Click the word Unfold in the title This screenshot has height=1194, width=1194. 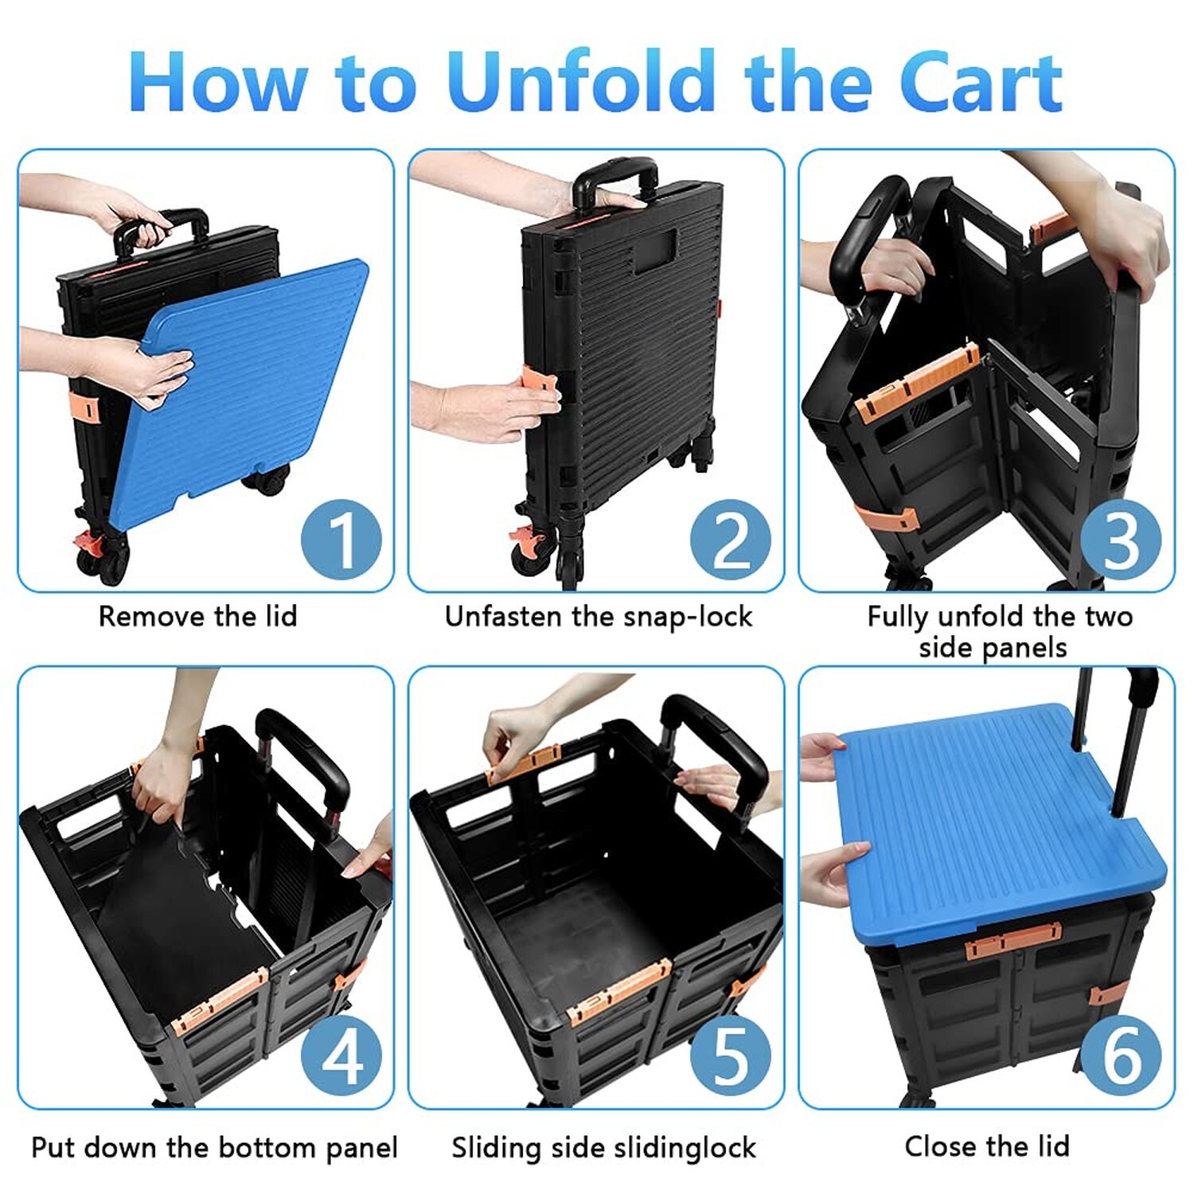coord(581,82)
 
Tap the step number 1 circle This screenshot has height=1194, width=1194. coord(341,539)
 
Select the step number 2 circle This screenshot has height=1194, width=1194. coord(730,539)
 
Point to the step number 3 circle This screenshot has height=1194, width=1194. coord(1120,539)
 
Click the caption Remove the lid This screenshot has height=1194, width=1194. coord(197,616)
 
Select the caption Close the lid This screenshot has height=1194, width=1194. coord(986,1146)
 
